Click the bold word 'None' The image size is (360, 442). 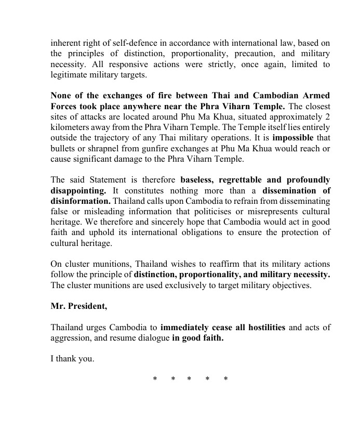[x=61, y=96]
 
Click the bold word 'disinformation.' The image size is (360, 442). [x=80, y=202]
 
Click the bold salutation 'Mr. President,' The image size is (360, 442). [x=79, y=306]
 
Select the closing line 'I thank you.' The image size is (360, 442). [x=72, y=358]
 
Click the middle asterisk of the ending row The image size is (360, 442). [x=190, y=379]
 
